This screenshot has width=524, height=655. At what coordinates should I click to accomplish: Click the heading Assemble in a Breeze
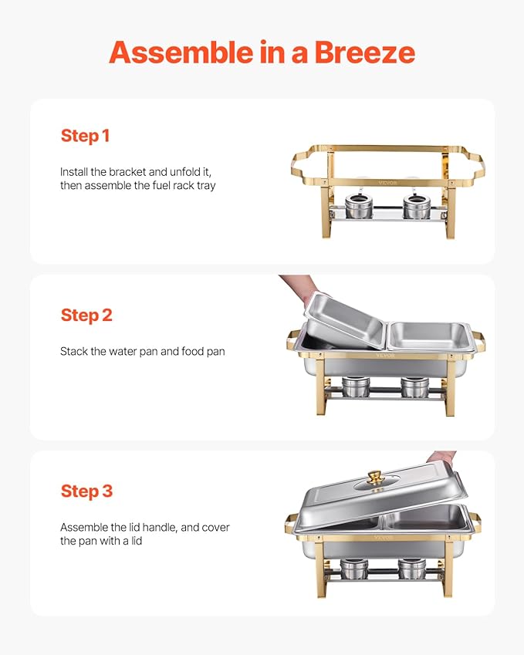tap(262, 52)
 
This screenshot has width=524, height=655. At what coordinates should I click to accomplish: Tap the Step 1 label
tap(85, 136)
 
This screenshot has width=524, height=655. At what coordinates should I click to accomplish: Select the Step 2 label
tap(86, 315)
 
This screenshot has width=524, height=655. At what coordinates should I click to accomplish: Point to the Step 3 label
tap(86, 491)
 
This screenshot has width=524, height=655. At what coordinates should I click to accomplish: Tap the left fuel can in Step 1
tap(357, 206)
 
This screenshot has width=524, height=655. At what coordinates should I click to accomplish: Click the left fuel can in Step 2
tap(356, 386)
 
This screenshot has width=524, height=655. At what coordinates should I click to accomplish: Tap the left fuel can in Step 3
tap(354, 567)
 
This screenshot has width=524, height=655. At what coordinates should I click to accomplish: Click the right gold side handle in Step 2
tap(478, 340)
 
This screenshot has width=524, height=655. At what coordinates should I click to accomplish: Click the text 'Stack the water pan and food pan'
tap(142, 352)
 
